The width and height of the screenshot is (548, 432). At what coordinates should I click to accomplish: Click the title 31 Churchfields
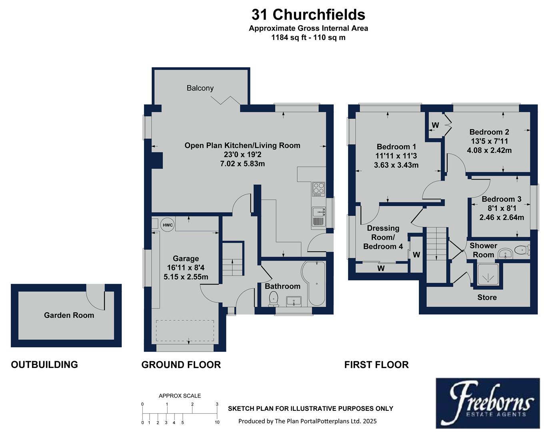tap(308, 15)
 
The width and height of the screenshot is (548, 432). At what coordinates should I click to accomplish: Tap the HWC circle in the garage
tap(168, 225)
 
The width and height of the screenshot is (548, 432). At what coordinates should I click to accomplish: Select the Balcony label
tap(200, 88)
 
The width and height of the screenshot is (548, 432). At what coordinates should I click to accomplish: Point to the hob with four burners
tap(318, 188)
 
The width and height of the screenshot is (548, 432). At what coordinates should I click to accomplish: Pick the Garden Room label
tap(69, 315)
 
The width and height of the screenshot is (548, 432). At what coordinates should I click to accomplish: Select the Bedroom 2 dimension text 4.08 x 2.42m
tap(489, 150)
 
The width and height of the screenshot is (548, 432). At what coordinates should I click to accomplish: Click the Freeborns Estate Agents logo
tap(491, 402)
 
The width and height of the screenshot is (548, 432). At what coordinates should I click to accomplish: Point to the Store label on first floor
tap(487, 297)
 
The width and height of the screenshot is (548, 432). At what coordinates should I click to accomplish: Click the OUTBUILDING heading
tap(44, 364)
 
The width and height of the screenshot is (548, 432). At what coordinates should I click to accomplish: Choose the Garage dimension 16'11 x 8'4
tap(186, 268)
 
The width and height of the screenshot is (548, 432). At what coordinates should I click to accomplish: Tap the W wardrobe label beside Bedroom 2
tap(435, 125)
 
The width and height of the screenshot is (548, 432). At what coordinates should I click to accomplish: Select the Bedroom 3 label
tap(501, 199)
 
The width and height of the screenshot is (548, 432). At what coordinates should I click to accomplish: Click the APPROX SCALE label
tap(180, 396)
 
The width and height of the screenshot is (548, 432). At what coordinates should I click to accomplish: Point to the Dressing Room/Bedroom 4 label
tap(383, 237)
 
